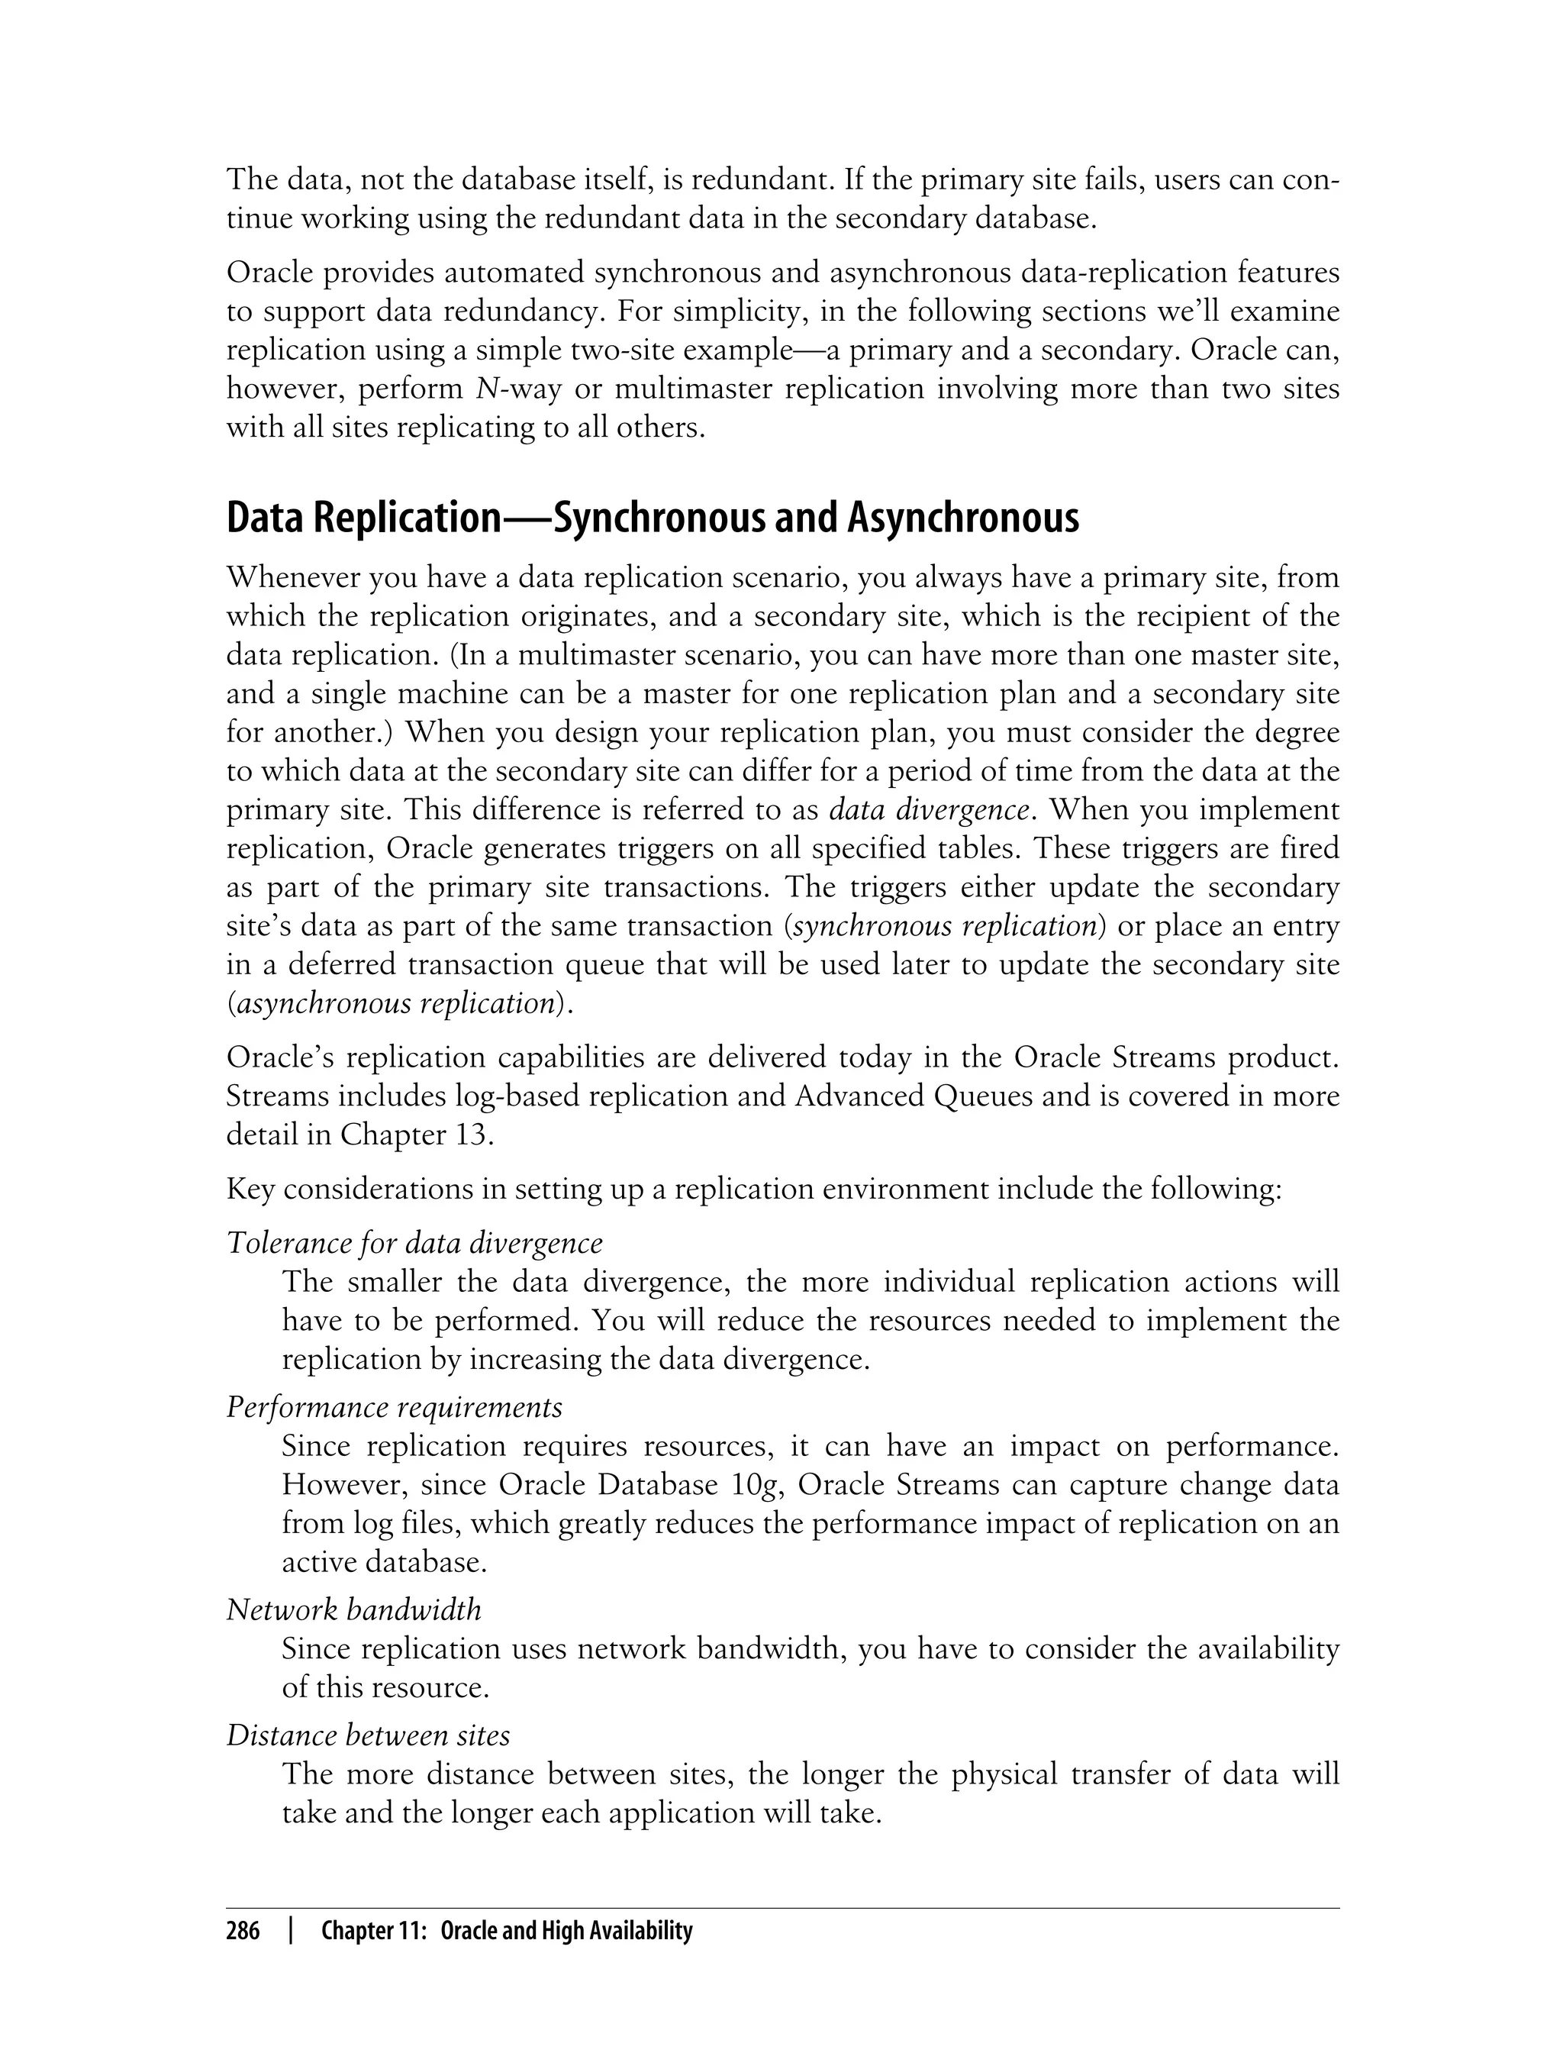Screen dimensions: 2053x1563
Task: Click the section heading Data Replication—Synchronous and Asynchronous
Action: [x=653, y=518]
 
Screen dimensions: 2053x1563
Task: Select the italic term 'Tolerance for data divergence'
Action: [x=415, y=1242]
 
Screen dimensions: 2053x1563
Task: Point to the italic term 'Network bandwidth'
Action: [x=354, y=1609]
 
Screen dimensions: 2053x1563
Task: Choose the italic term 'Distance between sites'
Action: [x=369, y=1735]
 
